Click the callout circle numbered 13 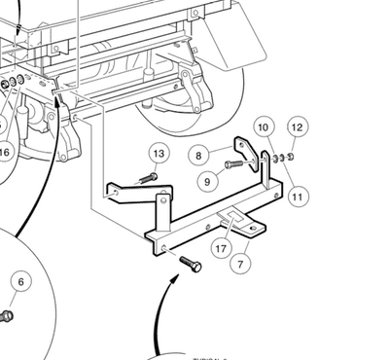[159, 153]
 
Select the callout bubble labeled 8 [198, 155]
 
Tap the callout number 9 [203, 180]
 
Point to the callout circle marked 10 [263, 127]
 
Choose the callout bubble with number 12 [298, 126]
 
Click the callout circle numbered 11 [298, 198]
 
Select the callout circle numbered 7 [243, 263]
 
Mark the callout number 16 [5, 152]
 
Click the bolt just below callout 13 [149, 177]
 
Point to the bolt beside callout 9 [233, 164]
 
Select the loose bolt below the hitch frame [191, 265]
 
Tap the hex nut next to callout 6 [6, 315]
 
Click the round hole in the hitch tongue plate [255, 230]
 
